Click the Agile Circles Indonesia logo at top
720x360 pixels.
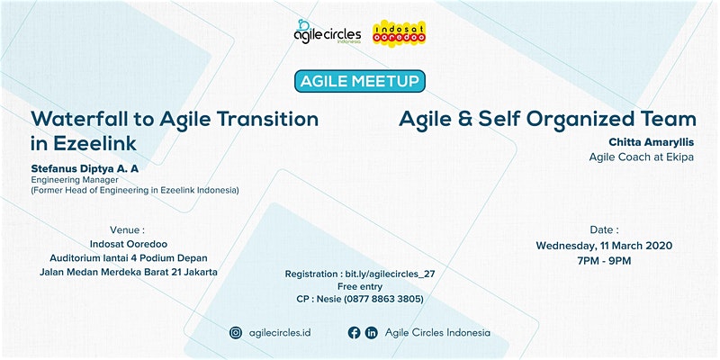click(x=328, y=31)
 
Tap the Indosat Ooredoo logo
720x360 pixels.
click(x=399, y=32)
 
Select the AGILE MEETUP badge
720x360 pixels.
click(x=359, y=81)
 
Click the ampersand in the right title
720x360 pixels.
click(x=463, y=120)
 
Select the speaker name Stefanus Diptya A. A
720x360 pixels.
click(x=85, y=169)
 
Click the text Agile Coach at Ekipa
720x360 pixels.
click(x=642, y=157)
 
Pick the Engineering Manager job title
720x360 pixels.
click(x=75, y=180)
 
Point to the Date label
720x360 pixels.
click(x=604, y=230)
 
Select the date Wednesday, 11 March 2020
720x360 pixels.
click(x=604, y=246)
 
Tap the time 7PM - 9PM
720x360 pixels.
click(x=604, y=261)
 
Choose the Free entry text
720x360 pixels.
click(x=360, y=286)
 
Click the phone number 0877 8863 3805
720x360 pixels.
click(x=385, y=299)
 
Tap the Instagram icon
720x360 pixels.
click(x=236, y=332)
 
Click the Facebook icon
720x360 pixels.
click(x=354, y=332)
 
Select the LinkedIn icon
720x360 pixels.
click(x=371, y=332)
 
